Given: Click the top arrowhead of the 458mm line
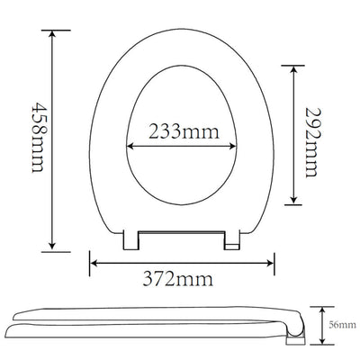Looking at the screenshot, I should [x=53, y=34].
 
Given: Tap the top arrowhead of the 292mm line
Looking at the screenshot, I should [x=294, y=68].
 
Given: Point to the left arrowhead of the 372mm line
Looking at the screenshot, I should [x=93, y=262].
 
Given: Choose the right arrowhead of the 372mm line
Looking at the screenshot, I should [x=272, y=262].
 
